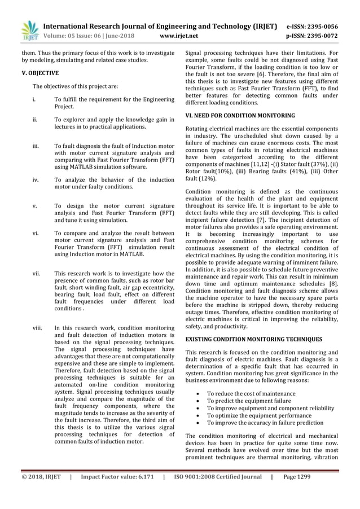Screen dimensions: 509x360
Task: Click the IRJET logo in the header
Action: pos(28,30)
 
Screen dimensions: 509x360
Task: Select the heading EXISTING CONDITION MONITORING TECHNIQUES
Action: pos(254,339)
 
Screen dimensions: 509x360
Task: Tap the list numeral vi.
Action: pos(35,232)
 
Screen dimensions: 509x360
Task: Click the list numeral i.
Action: pos(34,100)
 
